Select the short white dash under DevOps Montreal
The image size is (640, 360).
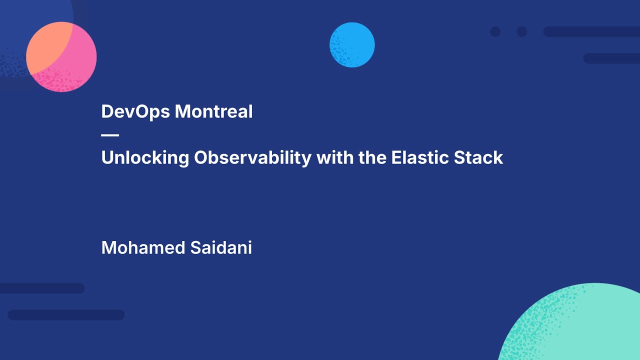[x=110, y=135]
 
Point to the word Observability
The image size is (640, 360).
[x=253, y=158]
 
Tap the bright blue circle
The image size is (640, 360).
[x=352, y=45]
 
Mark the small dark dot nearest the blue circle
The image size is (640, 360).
[x=495, y=31]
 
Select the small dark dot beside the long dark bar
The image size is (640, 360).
[x=522, y=31]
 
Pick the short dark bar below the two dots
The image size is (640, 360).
[x=611, y=58]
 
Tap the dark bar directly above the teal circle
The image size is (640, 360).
[x=611, y=58]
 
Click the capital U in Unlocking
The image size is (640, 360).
[x=107, y=158]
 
